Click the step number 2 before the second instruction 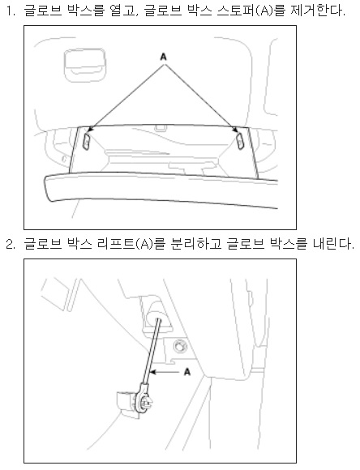(x=11, y=244)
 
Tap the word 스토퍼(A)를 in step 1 (x=246, y=11)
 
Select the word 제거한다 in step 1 (x=318, y=11)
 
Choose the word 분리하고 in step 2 (x=196, y=244)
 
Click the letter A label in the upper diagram (x=163, y=57)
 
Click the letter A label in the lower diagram (x=187, y=372)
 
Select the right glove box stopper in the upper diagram (x=241, y=141)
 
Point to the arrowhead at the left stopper (x=90, y=129)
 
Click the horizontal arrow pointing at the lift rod (x=165, y=372)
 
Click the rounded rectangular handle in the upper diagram (x=84, y=66)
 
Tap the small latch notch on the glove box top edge (x=161, y=128)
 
